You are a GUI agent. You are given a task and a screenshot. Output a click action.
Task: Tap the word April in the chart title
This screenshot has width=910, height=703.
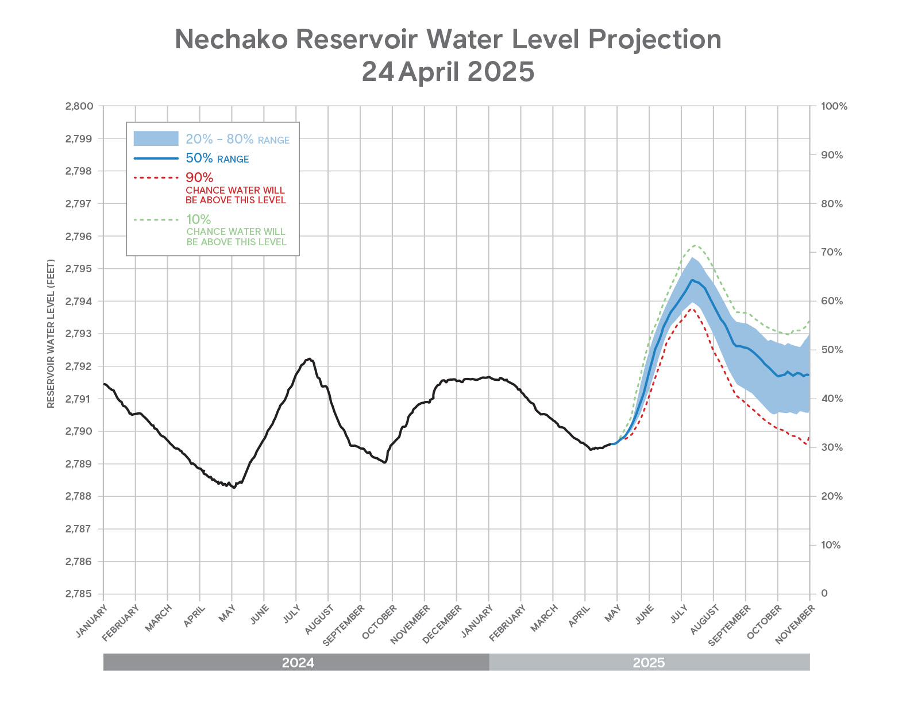coord(428,72)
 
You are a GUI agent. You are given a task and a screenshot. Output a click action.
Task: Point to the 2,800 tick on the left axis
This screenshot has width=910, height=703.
coord(79,106)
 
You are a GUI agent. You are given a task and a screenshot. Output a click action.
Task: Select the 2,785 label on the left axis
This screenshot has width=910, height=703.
coord(79,594)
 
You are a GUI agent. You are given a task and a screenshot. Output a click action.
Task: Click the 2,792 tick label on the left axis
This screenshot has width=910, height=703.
coord(79,366)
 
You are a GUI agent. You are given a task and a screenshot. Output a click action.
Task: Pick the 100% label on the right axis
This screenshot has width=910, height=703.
coord(834,106)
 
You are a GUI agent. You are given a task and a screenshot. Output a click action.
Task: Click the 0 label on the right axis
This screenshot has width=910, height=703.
coord(824,593)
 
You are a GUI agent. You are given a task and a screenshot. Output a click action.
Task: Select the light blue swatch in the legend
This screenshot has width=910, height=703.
coord(156,138)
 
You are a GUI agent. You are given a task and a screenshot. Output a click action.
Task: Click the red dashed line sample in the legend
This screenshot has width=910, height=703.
coord(156,177)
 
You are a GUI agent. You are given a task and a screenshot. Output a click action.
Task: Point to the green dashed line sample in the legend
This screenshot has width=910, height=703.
coord(156,219)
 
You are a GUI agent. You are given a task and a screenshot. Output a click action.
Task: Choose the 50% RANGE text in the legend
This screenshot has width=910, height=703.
coord(217,159)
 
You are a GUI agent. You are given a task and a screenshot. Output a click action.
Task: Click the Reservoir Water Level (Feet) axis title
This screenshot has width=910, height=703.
coord(51,334)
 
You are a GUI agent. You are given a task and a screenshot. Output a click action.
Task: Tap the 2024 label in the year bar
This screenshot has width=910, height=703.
coord(298,662)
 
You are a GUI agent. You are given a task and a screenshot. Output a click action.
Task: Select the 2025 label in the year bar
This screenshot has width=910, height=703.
coord(649,662)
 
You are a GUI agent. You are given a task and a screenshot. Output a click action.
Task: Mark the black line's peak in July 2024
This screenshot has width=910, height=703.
coord(310,358)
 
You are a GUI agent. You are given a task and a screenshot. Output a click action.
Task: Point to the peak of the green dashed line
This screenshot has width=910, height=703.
coord(696,245)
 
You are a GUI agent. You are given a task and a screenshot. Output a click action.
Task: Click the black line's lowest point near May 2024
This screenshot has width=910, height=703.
coord(234,488)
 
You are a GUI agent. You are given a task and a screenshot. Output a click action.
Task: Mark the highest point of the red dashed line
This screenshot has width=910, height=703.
coord(692,308)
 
